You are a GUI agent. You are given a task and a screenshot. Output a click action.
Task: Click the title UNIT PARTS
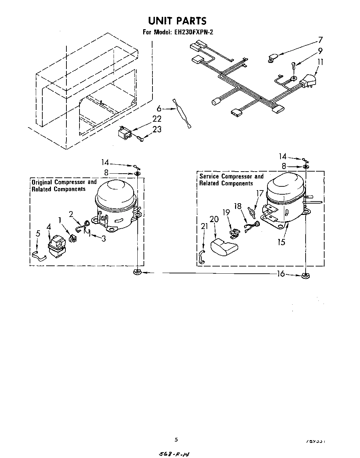[x=177, y=21]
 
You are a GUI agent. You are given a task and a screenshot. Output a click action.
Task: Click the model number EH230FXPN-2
[x=194, y=33]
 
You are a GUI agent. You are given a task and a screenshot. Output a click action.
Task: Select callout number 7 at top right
[x=320, y=40]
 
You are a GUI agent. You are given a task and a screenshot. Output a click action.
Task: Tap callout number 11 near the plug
[x=320, y=62]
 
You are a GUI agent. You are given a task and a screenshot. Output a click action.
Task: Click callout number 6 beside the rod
[x=159, y=109]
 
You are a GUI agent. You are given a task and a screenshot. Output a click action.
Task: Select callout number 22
[x=157, y=119]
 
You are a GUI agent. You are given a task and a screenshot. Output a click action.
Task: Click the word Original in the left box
[x=42, y=182]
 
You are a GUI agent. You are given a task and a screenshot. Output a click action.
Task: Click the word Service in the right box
[x=210, y=176]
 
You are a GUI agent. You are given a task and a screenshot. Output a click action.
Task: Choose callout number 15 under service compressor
[x=281, y=242]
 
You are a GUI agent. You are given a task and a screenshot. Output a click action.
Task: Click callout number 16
[x=281, y=274]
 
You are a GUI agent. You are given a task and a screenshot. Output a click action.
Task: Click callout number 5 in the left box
[x=38, y=233]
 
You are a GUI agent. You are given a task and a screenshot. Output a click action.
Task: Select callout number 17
[x=260, y=194]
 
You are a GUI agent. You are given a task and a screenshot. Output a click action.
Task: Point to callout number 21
[x=204, y=226]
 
